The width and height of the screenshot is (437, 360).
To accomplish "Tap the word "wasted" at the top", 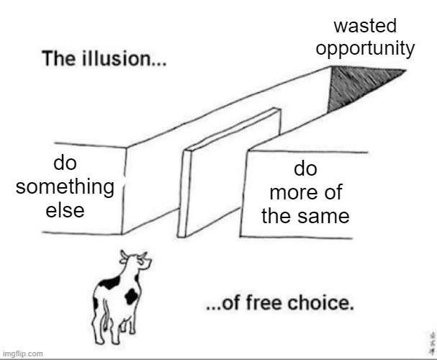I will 366,27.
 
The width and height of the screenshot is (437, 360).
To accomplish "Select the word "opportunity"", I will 365,48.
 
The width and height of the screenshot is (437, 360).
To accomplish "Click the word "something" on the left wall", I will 65,186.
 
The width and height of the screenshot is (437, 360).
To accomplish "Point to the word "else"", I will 65,210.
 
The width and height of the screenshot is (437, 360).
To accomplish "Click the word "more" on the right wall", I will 305,193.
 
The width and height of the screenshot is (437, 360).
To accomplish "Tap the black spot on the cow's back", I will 109,283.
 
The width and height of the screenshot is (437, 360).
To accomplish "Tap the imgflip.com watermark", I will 23,354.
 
